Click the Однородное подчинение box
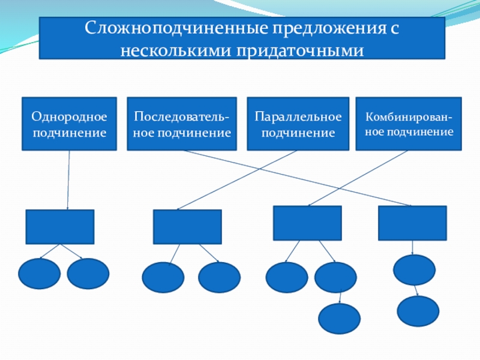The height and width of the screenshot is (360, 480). (69, 124)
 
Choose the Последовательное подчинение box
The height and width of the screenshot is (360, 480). (182, 124)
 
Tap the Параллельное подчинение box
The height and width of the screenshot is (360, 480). (298, 124)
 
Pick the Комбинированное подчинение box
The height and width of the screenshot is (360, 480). (409, 124)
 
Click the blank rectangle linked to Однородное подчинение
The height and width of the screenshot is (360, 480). (59, 227)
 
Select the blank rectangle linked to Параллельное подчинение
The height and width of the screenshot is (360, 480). (187, 227)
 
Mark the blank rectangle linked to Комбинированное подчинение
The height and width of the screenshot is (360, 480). (307, 223)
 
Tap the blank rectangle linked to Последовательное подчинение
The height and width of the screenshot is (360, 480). (412, 223)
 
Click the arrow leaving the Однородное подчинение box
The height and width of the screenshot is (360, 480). (68, 180)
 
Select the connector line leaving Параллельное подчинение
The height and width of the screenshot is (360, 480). (237, 180)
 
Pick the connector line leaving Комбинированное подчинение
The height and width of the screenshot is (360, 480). (360, 177)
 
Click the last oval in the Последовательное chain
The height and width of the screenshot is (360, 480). (418, 310)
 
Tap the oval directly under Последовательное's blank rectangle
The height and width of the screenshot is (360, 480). (415, 269)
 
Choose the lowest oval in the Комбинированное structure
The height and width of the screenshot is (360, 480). (339, 319)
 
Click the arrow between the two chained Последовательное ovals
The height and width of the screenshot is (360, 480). (416, 290)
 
